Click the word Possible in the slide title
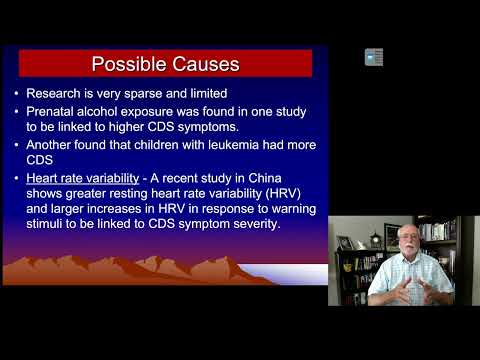click(128, 65)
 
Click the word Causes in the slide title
click(202, 65)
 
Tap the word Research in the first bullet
click(58, 94)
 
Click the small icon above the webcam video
click(373, 57)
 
